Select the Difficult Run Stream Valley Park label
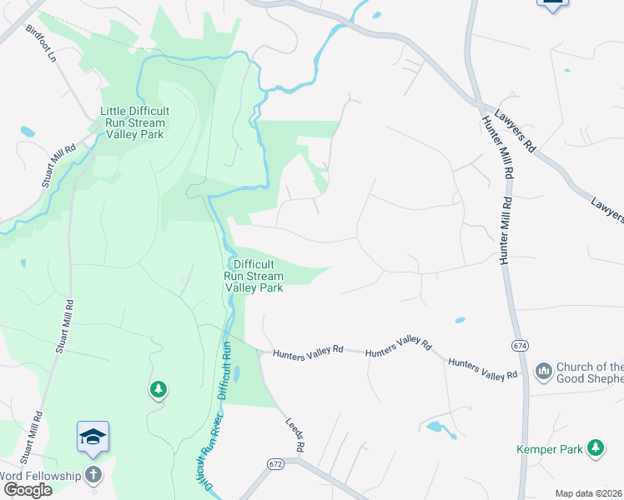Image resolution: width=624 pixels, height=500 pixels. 254,276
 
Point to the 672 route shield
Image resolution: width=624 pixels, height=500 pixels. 276,463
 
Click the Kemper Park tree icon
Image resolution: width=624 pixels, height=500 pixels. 596,449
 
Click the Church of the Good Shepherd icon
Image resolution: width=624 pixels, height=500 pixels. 544,370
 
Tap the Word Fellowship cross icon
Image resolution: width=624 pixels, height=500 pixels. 93,475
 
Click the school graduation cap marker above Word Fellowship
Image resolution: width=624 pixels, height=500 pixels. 93,437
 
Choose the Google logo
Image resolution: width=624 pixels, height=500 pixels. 28,489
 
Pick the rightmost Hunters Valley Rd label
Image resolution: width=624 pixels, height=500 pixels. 482,369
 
